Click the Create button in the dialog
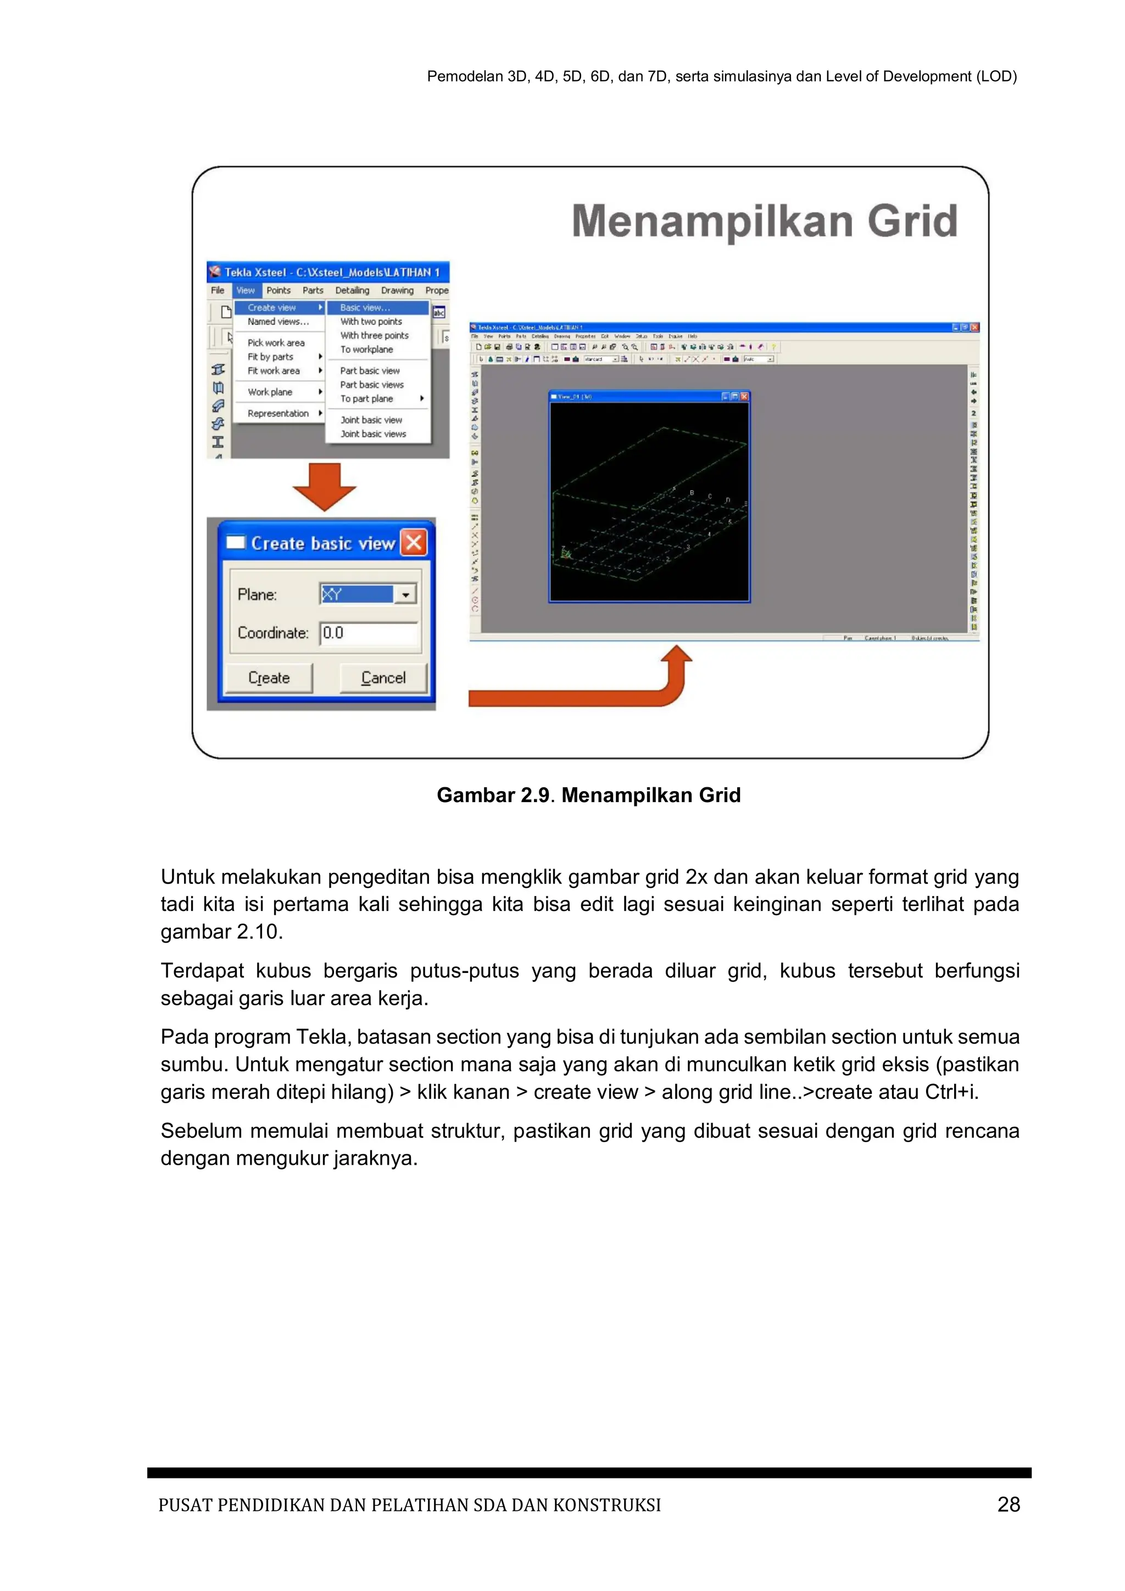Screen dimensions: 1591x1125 point(269,678)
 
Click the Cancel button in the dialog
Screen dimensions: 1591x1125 point(383,678)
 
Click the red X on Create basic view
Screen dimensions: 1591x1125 point(414,543)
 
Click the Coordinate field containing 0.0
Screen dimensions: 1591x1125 point(369,633)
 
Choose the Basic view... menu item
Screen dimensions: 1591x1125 point(377,308)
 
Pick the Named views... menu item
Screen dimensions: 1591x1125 point(278,321)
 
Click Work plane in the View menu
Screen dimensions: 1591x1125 point(270,392)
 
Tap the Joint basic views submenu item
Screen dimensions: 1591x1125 point(372,434)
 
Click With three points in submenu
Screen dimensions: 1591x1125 point(374,335)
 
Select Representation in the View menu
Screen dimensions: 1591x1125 point(278,414)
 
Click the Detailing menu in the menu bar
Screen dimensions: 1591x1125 point(352,290)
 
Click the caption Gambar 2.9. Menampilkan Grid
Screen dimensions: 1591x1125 point(588,795)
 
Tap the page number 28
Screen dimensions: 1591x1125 point(1009,1504)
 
